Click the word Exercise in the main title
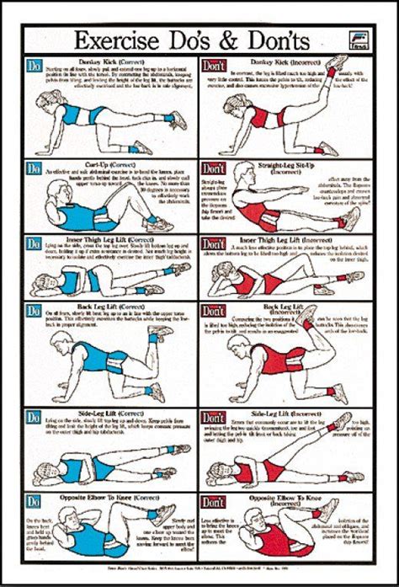[118, 40]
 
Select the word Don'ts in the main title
[269, 40]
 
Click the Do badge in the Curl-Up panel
[35, 168]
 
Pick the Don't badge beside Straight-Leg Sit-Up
[213, 168]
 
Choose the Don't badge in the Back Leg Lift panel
[213, 312]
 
